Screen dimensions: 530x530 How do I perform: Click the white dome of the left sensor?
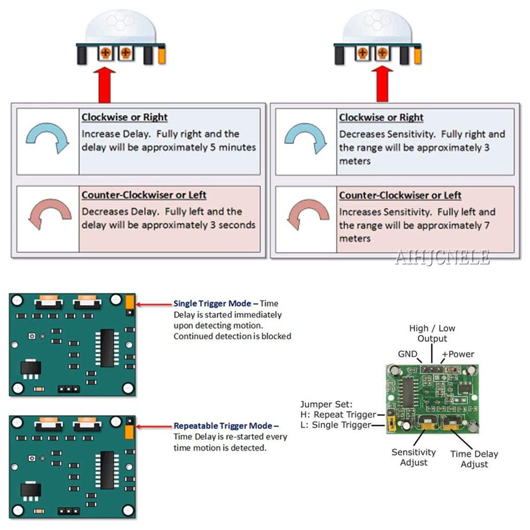120,26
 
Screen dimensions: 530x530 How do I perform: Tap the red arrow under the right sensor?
382,84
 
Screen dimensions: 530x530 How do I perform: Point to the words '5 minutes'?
233,147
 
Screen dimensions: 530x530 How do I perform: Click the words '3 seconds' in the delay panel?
233,225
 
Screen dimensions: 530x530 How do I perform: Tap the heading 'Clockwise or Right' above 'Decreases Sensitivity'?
381,117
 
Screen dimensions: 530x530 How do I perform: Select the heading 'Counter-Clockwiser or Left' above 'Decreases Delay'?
144,195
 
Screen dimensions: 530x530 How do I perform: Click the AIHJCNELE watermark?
442,257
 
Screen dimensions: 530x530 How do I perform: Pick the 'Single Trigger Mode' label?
212,304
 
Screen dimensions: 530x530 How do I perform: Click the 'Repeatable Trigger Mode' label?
223,426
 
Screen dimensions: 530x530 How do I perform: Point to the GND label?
407,354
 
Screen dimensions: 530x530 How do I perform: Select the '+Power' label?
458,354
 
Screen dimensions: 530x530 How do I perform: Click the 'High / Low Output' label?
432,333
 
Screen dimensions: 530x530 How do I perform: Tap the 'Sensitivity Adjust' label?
413,457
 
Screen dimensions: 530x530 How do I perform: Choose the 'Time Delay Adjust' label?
474,459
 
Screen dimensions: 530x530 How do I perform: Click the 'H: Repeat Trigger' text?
338,414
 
